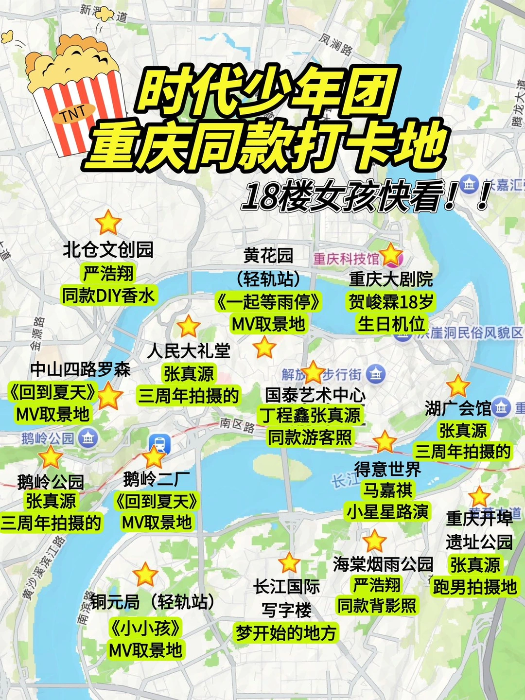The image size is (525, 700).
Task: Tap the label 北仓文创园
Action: click(108, 250)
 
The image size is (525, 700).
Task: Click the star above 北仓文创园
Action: click(108, 223)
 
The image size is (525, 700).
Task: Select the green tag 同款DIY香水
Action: click(108, 295)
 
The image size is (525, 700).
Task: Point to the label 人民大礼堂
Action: click(189, 350)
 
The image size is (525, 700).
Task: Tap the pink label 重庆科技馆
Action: click(346, 259)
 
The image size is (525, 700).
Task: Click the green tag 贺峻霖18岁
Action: click(391, 301)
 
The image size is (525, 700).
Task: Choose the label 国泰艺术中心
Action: click(315, 395)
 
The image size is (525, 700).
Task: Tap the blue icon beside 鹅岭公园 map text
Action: click(88, 438)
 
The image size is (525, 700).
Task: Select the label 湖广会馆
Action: click(458, 409)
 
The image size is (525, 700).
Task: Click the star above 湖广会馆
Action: click(458, 386)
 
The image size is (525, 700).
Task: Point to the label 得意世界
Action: click(387, 470)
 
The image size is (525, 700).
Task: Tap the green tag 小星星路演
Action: click(387, 511)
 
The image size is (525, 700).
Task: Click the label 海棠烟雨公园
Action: click(383, 564)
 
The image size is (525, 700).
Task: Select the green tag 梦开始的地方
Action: click(286, 633)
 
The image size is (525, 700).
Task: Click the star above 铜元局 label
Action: click(145, 575)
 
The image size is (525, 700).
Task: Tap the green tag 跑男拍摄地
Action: click(475, 587)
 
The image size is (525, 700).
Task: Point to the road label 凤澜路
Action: click(336, 44)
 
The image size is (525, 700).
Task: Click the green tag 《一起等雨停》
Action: click(268, 302)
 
